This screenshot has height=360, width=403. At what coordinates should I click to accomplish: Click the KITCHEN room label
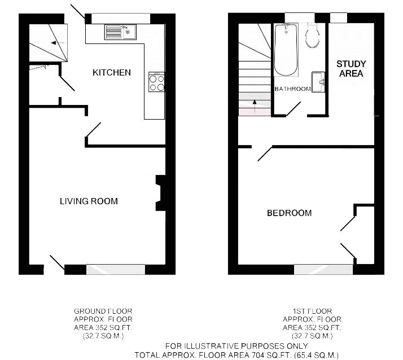pyautogui.click(x=112, y=72)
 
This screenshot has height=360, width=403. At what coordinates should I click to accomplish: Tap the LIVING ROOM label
pyautogui.click(x=89, y=201)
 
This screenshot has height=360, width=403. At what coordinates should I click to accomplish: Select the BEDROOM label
pyautogui.click(x=289, y=213)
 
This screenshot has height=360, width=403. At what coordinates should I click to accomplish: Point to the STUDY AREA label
pyautogui.click(x=351, y=68)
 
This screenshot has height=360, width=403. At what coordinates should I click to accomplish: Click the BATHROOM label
pyautogui.click(x=292, y=89)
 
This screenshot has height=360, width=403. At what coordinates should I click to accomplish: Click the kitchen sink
pyautogui.click(x=120, y=32)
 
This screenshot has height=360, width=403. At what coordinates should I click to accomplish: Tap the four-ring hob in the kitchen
pyautogui.click(x=156, y=83)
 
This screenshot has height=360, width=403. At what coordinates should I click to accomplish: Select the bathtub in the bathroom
pyautogui.click(x=285, y=50)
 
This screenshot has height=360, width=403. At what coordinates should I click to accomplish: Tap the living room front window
pyautogui.click(x=116, y=269)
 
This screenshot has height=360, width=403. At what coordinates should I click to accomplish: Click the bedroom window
pyautogui.click(x=323, y=269)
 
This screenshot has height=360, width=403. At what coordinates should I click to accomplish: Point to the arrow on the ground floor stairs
pyautogui.click(x=54, y=42)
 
